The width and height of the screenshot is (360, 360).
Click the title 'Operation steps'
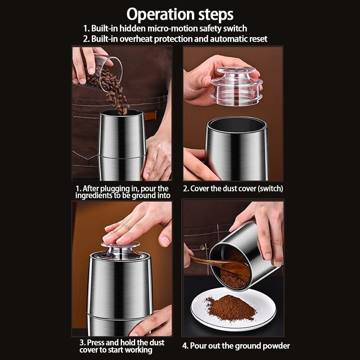click(x=180, y=15)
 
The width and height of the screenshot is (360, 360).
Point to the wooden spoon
click(x=223, y=266)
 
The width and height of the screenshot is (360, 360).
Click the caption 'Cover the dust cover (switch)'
click(x=233, y=188)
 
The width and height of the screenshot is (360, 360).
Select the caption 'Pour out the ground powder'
click(x=236, y=346)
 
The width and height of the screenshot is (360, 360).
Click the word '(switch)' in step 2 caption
click(x=270, y=188)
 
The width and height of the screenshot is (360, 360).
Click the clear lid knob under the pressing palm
click(x=121, y=248)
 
